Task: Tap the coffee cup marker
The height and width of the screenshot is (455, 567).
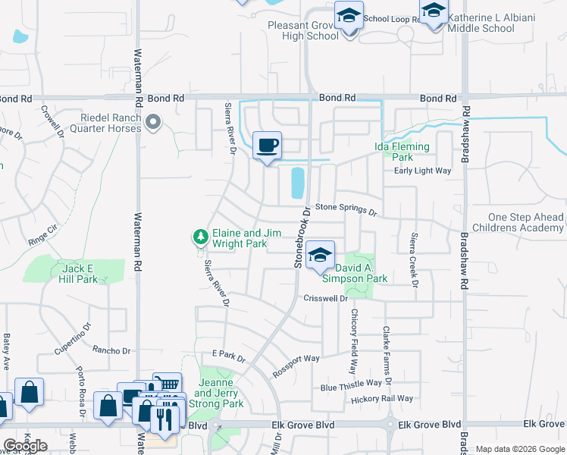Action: coord(267,145)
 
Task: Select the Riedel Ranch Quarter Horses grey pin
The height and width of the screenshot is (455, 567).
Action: coord(154,121)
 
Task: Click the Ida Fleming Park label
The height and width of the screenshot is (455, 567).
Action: coord(403,152)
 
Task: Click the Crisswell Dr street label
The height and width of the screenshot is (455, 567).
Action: coord(325,299)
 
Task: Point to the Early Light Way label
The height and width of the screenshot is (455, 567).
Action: coord(422,171)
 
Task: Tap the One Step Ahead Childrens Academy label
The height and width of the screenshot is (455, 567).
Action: coord(516,222)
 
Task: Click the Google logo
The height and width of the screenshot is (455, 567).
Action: coord(25,446)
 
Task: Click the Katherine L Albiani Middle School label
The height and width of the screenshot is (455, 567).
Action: coord(491,23)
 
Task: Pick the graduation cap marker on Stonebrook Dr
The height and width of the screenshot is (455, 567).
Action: coord(321,256)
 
